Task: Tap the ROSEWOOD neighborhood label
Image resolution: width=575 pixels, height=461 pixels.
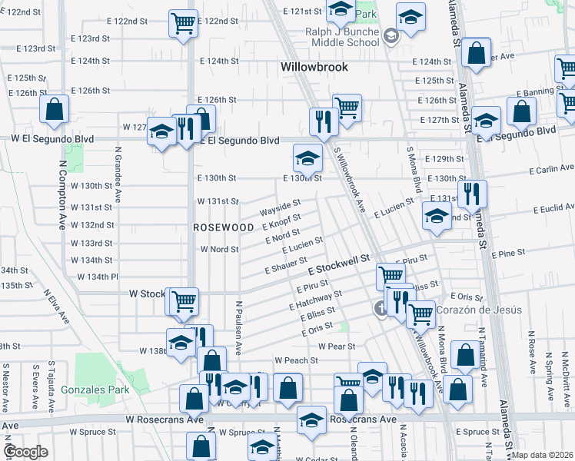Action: point(223,228)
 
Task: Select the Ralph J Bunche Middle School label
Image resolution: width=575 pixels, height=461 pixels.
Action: point(333,37)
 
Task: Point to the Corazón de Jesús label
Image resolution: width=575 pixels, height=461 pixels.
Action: point(479,310)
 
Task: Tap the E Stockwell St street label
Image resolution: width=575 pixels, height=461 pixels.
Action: point(339,267)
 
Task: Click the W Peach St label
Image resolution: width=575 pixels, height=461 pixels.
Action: point(297,360)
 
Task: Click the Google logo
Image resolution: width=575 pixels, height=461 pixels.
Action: point(26,452)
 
